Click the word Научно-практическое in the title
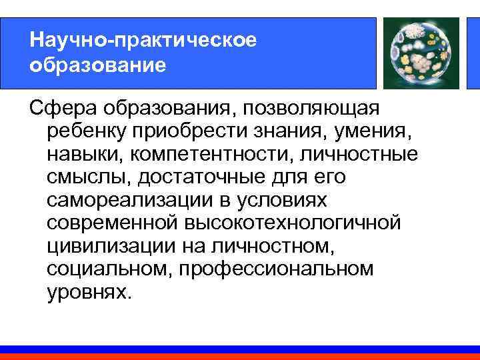pos(143,40)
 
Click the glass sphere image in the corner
pos(419,53)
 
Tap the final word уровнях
pos(86,292)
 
